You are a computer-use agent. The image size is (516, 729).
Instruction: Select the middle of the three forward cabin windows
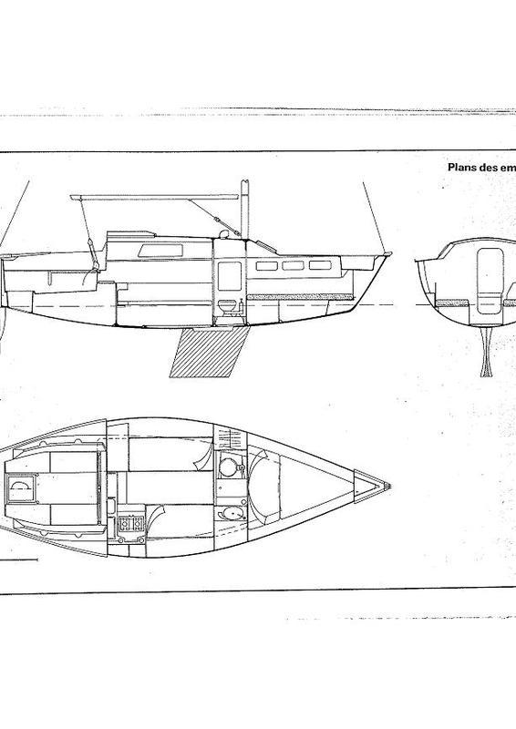294,265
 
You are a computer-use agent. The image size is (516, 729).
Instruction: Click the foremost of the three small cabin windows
321,265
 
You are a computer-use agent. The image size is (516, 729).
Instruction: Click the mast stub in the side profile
244,209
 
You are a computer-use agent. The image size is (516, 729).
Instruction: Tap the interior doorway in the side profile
230,276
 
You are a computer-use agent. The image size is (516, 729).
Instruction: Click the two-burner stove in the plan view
131,524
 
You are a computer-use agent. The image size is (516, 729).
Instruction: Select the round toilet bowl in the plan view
229,467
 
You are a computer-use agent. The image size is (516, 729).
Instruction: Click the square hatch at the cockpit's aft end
21,487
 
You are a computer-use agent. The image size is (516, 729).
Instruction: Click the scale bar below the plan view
18,560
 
